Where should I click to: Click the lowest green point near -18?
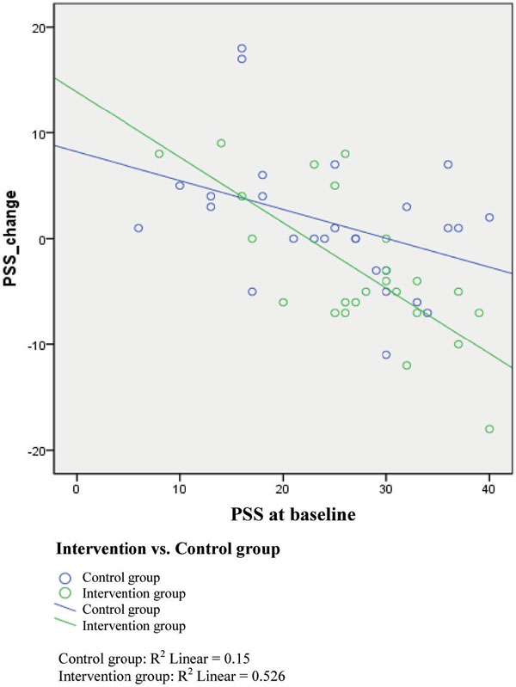[489, 429]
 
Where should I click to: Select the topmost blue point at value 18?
[242, 48]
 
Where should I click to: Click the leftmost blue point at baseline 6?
[138, 228]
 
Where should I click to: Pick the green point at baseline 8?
[159, 154]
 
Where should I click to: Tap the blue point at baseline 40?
[489, 218]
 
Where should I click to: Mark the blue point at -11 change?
[386, 355]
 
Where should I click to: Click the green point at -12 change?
[407, 365]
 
